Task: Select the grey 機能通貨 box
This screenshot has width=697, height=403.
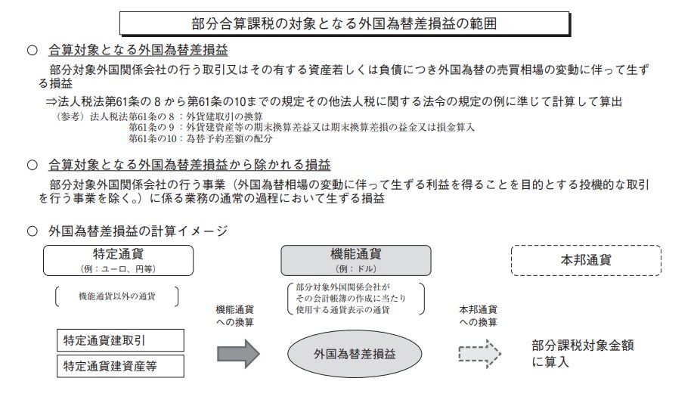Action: (x=355, y=259)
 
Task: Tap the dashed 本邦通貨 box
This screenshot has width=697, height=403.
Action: (x=586, y=259)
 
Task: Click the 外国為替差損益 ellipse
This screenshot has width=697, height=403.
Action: (x=355, y=353)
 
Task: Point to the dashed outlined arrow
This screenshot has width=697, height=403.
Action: (x=479, y=352)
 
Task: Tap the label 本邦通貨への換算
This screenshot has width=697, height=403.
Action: (x=478, y=316)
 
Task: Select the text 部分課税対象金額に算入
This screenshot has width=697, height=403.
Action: (x=582, y=353)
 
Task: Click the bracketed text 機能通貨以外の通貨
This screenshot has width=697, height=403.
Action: (x=116, y=296)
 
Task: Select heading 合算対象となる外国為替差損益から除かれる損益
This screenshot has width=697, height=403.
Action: (x=189, y=164)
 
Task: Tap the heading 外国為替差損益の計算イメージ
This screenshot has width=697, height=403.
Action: (x=137, y=229)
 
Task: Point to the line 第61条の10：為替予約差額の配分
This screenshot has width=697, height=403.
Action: (x=200, y=138)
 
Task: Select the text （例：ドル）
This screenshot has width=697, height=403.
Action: (x=355, y=269)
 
